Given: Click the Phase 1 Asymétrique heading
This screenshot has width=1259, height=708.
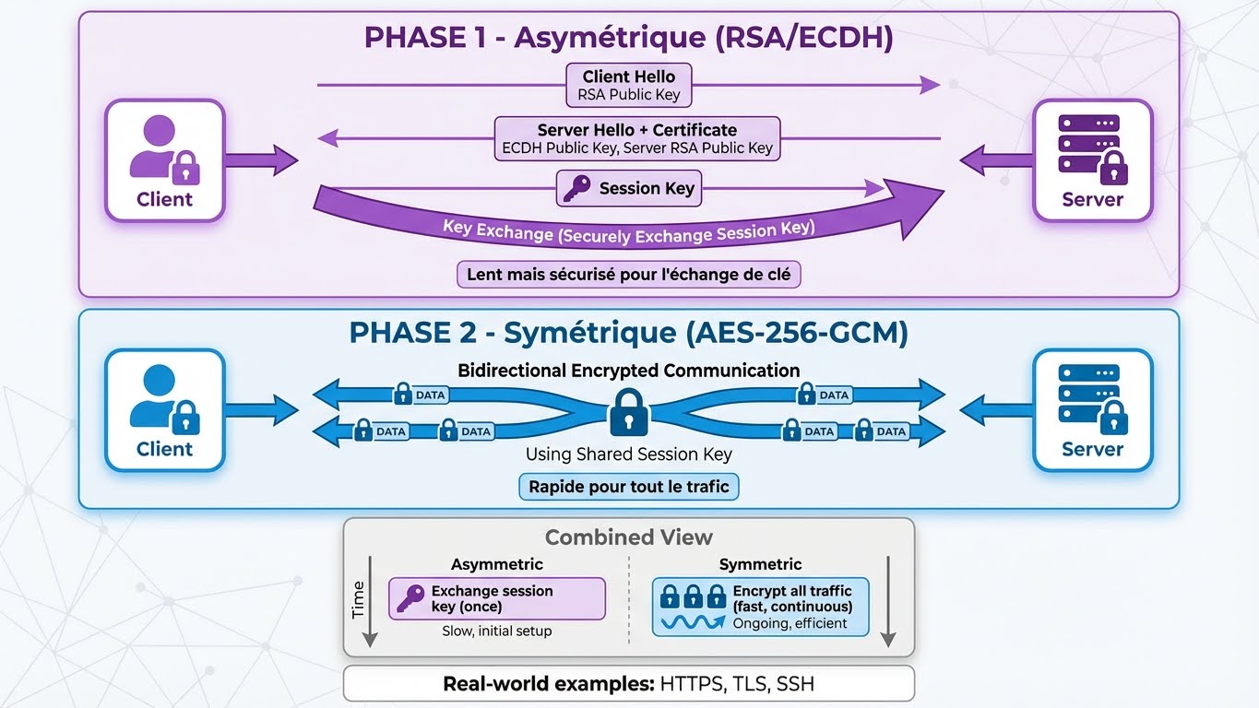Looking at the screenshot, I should coord(628,39).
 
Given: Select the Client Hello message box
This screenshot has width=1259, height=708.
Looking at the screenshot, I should coord(628,85).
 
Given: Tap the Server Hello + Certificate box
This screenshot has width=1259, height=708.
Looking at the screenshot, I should coord(636,138).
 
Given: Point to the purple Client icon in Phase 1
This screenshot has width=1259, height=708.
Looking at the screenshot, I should coord(164,160).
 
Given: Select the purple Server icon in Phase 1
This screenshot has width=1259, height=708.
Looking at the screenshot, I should coord(1092,160).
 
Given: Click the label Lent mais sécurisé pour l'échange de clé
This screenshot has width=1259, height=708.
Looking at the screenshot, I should coord(628,275).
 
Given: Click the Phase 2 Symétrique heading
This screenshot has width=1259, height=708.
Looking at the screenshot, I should coord(628,333).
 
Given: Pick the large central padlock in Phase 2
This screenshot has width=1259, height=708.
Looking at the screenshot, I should coord(629,412).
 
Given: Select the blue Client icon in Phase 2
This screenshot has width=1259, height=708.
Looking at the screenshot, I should coord(164,409).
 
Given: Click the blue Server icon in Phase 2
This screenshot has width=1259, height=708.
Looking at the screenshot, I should coord(1092,409).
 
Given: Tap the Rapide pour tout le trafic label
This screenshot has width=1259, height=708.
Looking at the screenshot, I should coord(628,486).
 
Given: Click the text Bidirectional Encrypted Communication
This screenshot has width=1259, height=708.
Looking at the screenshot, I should coord(628,371).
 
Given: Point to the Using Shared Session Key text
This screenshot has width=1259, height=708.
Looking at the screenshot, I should coord(628,454).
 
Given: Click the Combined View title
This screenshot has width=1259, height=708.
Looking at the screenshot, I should coord(628,537).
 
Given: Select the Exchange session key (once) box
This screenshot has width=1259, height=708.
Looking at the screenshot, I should coord(496,598).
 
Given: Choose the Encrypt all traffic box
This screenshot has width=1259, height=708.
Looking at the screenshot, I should coord(760,607).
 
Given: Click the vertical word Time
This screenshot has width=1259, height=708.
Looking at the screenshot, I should coord(359,600).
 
